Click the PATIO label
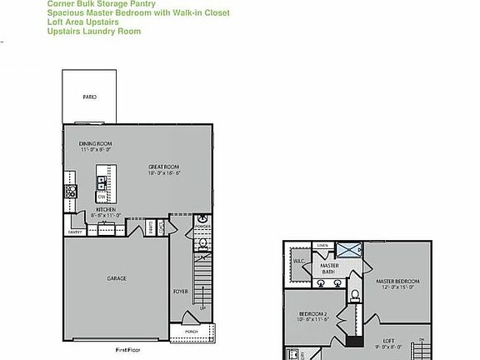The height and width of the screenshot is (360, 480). point(89,97)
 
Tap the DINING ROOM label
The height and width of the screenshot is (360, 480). point(96,144)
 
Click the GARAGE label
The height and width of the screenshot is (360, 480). point(116,277)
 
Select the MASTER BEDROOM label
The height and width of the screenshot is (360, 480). point(397,282)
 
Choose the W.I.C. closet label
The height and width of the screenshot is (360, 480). point(298,260)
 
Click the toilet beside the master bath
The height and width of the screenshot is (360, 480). point(354,294)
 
